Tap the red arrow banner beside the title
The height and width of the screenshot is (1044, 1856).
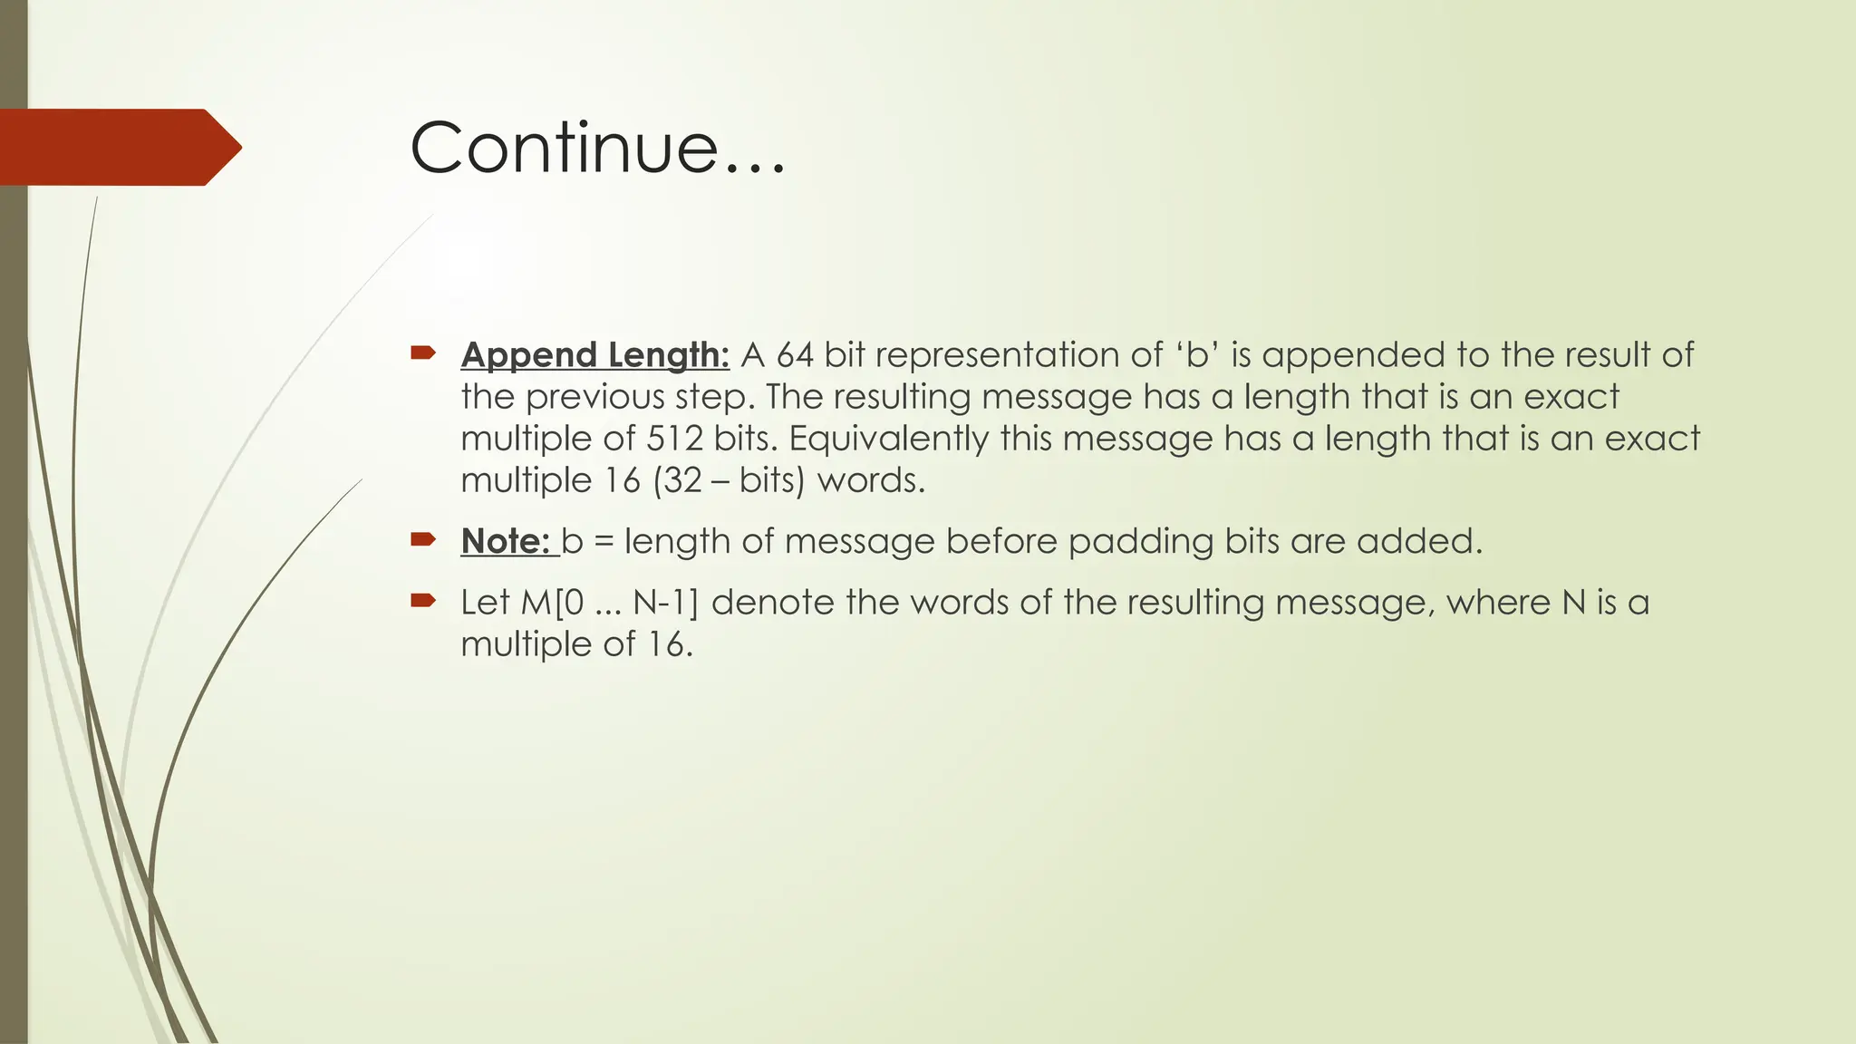point(118,147)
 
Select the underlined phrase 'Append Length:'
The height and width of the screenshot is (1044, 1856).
point(594,355)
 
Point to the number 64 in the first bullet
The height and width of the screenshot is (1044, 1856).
point(795,355)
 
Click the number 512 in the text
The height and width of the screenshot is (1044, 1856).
point(675,439)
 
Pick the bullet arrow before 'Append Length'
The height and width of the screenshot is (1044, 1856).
point(423,353)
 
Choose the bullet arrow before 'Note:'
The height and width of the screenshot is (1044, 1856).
point(423,539)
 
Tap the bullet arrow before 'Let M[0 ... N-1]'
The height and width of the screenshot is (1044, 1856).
point(423,600)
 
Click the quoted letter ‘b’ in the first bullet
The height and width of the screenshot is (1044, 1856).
point(1198,355)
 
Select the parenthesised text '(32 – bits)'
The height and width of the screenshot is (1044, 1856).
point(729,480)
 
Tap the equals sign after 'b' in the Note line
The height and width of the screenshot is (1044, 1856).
point(604,542)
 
